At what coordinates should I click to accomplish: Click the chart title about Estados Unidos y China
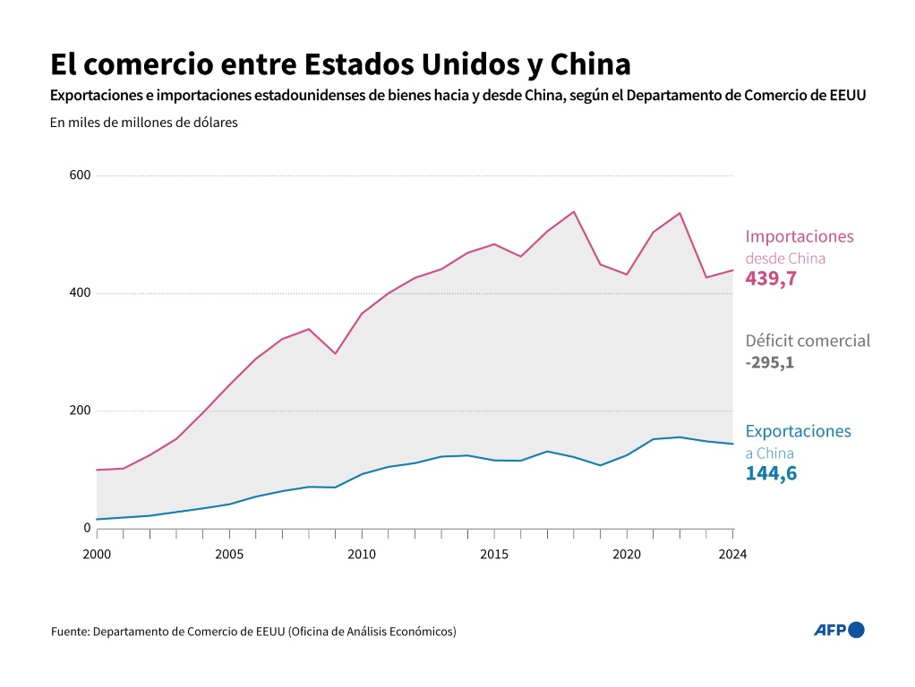pos(341,64)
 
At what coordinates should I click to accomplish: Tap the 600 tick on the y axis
pos(81,175)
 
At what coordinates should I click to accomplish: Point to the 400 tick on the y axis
pos(81,293)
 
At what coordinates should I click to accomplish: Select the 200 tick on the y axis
pos(81,411)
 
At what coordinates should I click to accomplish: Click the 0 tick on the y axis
pos(87,528)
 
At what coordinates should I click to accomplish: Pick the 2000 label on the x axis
pos(97,554)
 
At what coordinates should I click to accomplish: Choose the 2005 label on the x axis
pos(229,554)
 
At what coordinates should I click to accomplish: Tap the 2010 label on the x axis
pos(362,554)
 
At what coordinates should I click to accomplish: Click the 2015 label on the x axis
pos(494,554)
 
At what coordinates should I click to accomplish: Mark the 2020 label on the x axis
pos(627,554)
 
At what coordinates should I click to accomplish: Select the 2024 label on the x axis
pos(732,554)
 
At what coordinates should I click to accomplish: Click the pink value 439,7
pos(771,278)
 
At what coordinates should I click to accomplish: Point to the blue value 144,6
pos(771,473)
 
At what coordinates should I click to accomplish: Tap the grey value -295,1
pos(769,362)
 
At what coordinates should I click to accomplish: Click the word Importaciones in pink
pos(800,237)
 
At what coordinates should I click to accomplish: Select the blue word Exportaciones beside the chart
pos(798,431)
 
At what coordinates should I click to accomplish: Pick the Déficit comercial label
pos(808,341)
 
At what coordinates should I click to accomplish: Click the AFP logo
pos(839,630)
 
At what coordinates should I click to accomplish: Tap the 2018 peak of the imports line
pos(574,212)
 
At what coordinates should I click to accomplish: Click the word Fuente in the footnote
pos(70,632)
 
